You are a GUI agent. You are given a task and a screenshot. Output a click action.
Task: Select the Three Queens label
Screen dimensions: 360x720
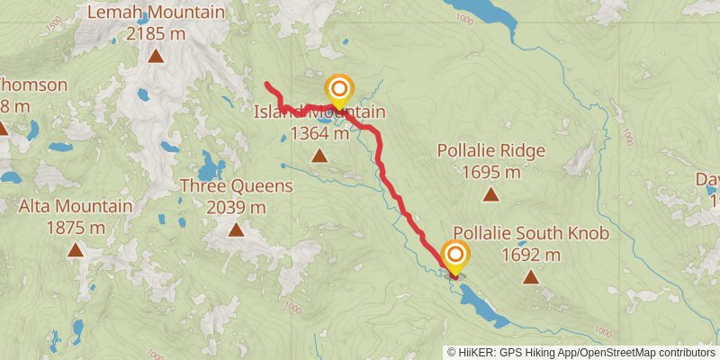coord(237,186)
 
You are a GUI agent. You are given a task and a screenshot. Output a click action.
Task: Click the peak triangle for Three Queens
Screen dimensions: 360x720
coord(236,229)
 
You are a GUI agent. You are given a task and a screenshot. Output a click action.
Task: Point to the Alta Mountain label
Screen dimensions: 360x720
coord(76,207)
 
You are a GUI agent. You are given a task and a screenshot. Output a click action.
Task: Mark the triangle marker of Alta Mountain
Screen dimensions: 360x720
coord(76,250)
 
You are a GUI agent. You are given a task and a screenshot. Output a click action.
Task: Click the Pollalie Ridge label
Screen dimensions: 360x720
coord(490,150)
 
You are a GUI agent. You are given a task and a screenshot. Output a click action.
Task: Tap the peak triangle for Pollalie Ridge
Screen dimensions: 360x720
coord(490,193)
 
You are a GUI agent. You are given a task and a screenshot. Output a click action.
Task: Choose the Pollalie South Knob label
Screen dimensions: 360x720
coord(531,234)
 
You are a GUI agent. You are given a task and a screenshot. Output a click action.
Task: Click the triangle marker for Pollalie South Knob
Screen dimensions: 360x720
coord(531,277)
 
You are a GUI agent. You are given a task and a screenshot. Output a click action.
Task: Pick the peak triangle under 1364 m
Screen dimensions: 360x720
coord(319,156)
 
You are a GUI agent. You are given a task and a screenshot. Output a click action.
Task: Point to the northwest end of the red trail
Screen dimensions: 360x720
coord(267,85)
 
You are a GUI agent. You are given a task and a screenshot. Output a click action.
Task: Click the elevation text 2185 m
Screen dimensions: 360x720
coord(156,34)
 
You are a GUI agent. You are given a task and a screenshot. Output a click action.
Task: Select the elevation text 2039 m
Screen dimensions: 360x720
coord(236,207)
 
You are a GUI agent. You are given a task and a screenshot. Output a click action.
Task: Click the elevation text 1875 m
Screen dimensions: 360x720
coord(76,228)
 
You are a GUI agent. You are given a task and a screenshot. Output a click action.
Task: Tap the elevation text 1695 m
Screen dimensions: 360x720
coord(490,171)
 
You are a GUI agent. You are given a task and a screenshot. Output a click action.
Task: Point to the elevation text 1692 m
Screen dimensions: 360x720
coord(531,255)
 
